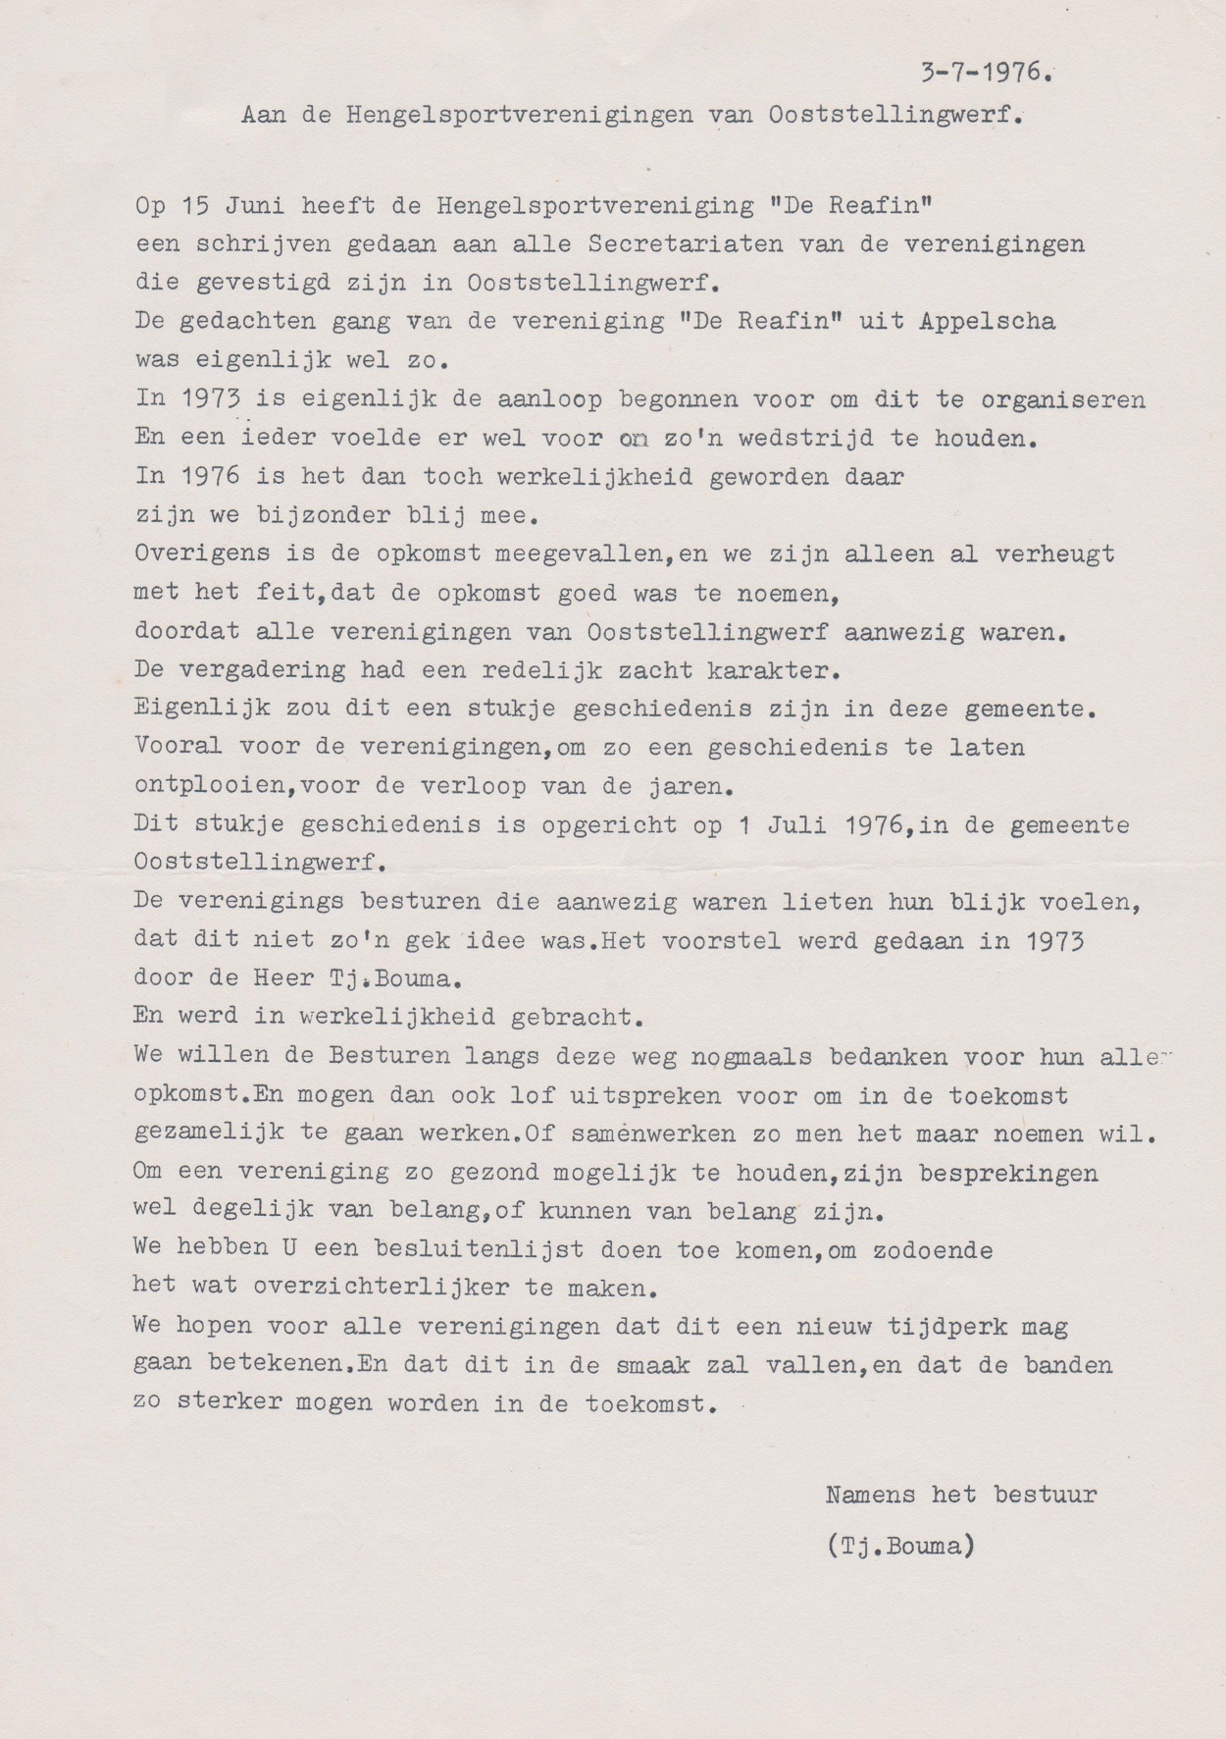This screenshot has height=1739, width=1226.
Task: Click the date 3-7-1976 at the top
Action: pyautogui.click(x=987, y=73)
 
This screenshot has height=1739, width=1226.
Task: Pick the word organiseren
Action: pyautogui.click(x=1062, y=400)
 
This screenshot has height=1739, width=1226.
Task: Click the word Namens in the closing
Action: pyautogui.click(x=871, y=1496)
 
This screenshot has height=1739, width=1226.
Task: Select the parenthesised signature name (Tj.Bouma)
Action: pyautogui.click(x=901, y=1546)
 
